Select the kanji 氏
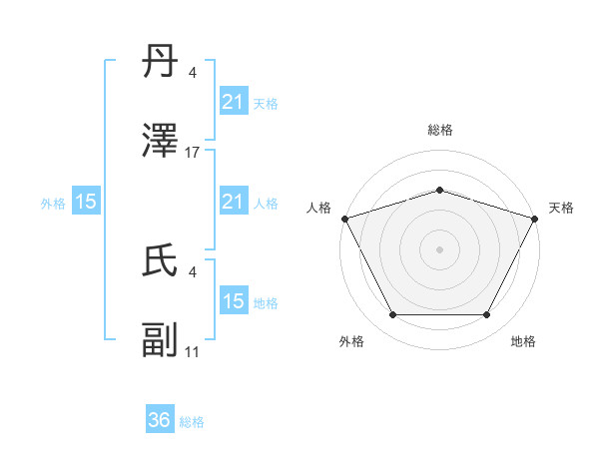(160, 261)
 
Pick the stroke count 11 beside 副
(193, 352)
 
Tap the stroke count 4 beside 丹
(193, 73)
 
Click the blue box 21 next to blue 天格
(233, 102)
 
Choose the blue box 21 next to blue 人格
(233, 202)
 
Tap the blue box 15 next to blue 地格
(233, 301)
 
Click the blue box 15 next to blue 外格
(86, 202)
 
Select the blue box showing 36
(160, 420)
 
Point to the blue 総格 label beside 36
(192, 422)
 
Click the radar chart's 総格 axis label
(439, 131)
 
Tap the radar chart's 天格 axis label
(561, 208)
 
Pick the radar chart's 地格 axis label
(523, 341)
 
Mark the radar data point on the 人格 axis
(344, 218)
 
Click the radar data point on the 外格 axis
(392, 315)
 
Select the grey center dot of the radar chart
(439, 248)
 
